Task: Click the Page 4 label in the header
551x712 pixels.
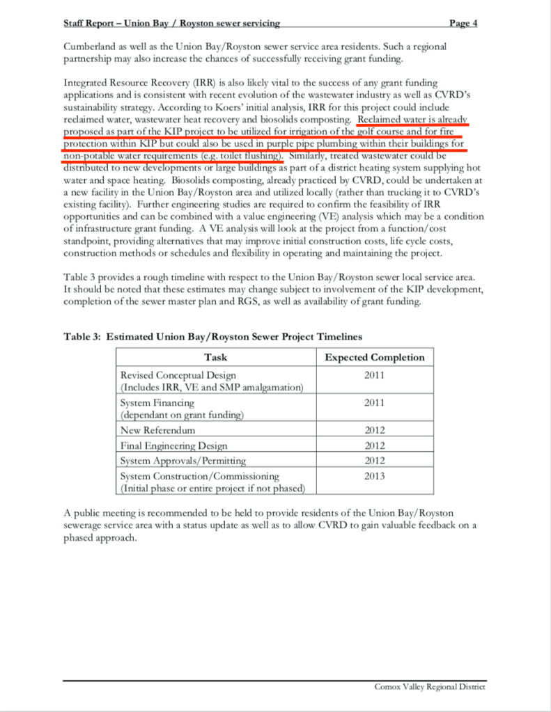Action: click(463, 23)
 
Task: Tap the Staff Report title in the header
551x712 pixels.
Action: click(171, 23)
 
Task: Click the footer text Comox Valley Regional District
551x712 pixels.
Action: click(429, 686)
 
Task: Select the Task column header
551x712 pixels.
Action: click(215, 357)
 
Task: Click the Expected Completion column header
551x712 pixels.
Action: click(374, 357)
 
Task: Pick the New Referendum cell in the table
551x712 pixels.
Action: click(158, 430)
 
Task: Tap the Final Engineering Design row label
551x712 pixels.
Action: click(173, 445)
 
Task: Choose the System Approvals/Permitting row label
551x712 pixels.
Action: click(183, 461)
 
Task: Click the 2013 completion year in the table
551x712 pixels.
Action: click(374, 476)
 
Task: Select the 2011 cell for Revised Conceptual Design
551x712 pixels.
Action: click(374, 375)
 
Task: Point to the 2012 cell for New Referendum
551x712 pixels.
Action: click(374, 430)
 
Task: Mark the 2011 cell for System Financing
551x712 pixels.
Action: click(374, 402)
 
